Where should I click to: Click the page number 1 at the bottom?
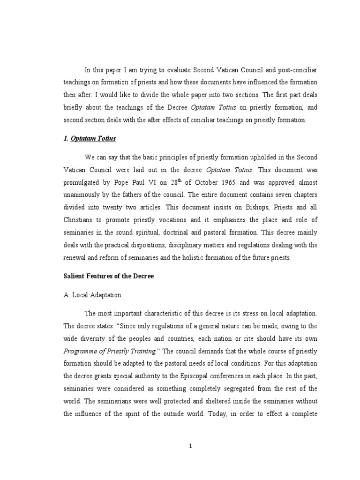190,446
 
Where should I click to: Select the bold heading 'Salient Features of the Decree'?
109,276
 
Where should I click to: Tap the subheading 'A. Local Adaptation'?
92,295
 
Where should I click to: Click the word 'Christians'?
79,232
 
